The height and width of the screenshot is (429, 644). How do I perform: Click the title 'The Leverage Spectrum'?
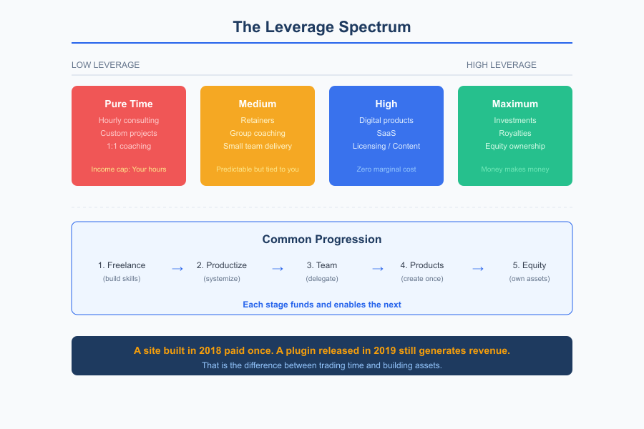[x=322, y=27]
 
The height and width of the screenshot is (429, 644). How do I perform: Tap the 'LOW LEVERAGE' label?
[x=105, y=65]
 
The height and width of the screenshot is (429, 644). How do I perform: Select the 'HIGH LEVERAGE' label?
[x=501, y=65]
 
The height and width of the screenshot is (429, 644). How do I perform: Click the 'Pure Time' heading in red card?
[x=129, y=104]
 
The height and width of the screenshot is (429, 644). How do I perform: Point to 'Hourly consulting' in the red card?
[x=129, y=121]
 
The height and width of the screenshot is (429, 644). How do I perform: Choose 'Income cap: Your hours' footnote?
[x=129, y=169]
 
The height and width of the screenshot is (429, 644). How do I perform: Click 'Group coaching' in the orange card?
[x=258, y=134]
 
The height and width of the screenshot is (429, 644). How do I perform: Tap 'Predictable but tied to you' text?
[x=258, y=169]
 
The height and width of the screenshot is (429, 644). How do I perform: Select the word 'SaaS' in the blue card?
[x=386, y=134]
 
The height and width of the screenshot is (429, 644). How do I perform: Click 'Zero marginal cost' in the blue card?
[x=386, y=169]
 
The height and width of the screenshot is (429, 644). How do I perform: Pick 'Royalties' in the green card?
[x=515, y=134]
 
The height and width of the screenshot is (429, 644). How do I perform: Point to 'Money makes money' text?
[x=515, y=169]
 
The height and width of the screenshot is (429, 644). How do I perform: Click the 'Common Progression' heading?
[x=322, y=240]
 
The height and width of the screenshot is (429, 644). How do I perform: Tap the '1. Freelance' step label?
[x=122, y=265]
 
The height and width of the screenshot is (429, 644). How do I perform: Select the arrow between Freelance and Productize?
[x=177, y=269]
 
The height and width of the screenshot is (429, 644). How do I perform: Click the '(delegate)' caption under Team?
[x=322, y=279]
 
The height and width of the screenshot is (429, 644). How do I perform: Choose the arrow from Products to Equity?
[x=478, y=269]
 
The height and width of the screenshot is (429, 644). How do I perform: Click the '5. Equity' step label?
[x=530, y=265]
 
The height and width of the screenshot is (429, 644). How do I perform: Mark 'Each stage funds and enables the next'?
[x=322, y=305]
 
